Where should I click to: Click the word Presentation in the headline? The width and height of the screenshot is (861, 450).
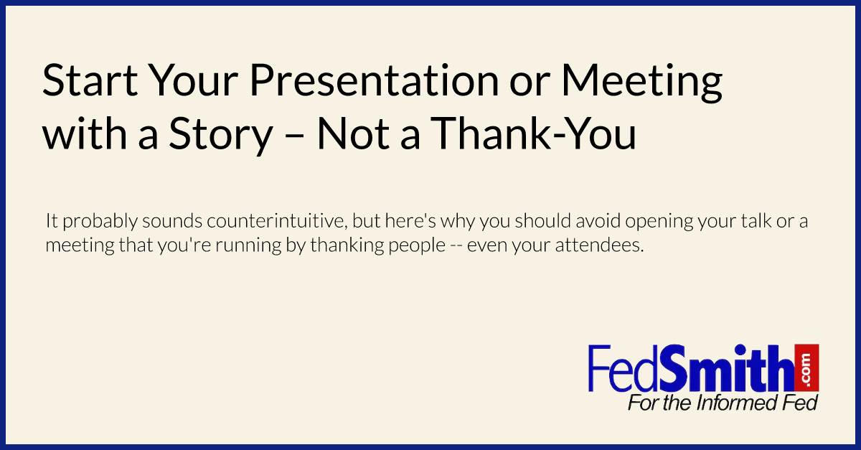[x=374, y=82]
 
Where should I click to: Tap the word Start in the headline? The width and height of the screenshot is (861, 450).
[x=90, y=80]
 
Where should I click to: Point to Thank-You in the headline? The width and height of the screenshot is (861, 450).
[x=534, y=133]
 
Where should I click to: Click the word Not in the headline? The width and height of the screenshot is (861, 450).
[x=354, y=133]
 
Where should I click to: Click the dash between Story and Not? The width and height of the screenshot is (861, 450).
[x=295, y=136]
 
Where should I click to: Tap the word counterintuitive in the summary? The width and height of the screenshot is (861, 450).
[x=277, y=221]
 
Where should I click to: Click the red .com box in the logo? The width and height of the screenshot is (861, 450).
[x=806, y=368]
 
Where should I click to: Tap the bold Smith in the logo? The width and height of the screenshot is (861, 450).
[x=726, y=368]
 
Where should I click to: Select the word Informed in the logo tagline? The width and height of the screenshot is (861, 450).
[x=733, y=403]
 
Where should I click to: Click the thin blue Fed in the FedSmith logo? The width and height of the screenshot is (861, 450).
[x=624, y=368]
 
